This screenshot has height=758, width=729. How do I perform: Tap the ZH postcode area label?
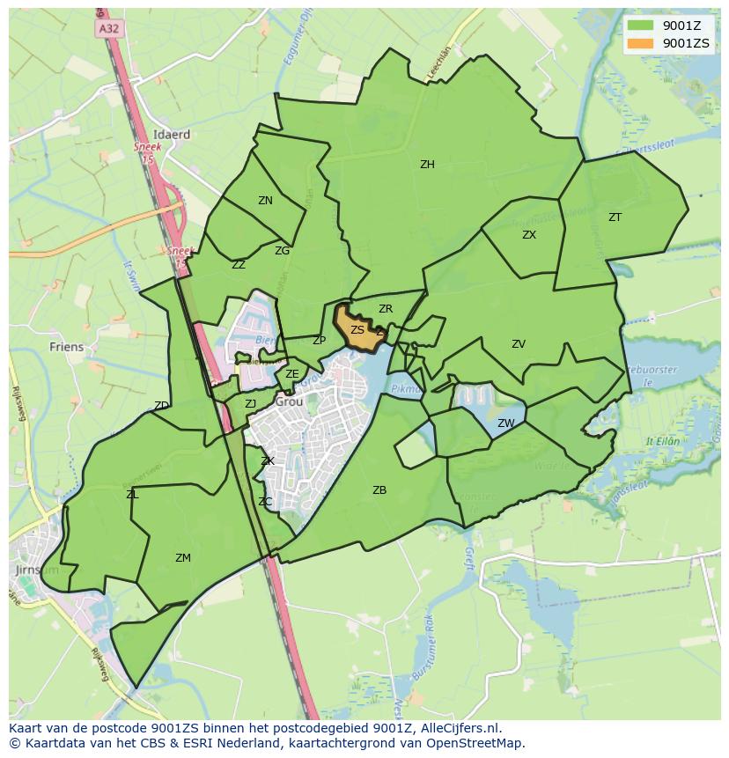point(427,165)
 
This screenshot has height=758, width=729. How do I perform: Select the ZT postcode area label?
point(615,217)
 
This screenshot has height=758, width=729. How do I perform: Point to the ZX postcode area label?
point(529,235)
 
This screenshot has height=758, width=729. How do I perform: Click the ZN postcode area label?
point(265,201)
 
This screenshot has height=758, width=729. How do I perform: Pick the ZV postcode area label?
point(519,344)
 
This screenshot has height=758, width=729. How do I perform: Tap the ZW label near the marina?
point(505,423)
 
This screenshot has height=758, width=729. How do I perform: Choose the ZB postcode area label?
point(379,490)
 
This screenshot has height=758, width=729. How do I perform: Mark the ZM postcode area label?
point(183,558)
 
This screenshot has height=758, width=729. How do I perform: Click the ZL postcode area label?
point(132,495)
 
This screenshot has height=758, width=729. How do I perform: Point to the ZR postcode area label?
point(385,309)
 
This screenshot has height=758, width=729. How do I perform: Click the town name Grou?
point(289,401)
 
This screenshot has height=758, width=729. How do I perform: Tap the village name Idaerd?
point(172,135)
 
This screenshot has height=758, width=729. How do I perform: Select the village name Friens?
point(67,347)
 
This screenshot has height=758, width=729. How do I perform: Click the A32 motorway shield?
point(108,29)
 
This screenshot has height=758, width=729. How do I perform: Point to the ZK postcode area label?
point(268,461)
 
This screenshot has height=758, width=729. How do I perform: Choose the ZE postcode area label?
point(292,374)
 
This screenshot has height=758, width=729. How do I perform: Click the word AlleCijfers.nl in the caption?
point(456,728)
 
